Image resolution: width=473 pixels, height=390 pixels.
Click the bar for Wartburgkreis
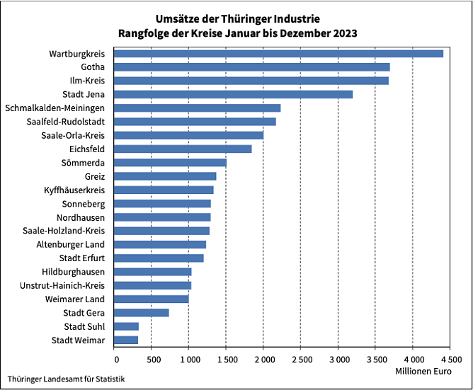coord(278,54)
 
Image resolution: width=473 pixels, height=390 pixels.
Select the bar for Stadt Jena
coord(233,94)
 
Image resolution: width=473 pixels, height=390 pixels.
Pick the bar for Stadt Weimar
coord(126,340)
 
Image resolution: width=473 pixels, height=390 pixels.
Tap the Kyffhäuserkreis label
coord(74,190)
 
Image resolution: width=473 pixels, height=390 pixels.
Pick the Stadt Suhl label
coord(84,326)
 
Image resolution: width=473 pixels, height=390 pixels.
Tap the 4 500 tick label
coord(450,360)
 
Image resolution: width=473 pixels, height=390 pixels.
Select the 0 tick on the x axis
coord(114,360)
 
